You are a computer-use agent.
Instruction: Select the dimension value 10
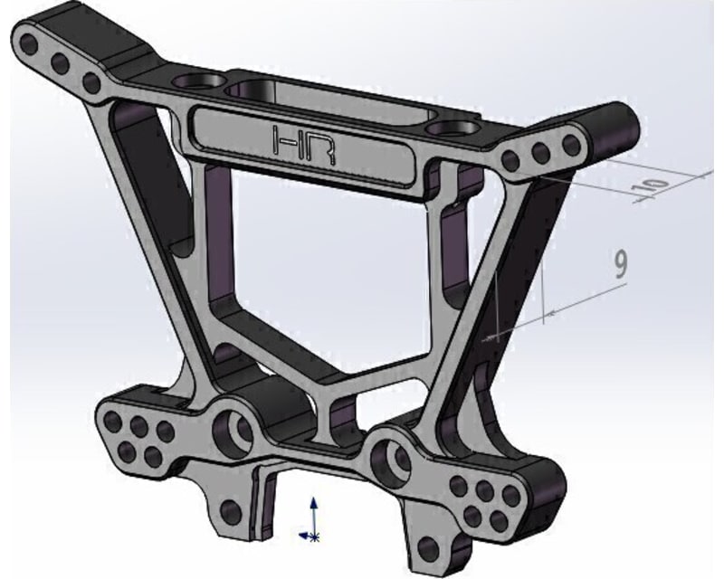click(x=659, y=184)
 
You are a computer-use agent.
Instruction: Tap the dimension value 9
click(x=620, y=263)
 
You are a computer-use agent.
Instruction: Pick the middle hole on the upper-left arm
click(x=62, y=63)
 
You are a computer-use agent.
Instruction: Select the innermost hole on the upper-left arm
click(x=90, y=83)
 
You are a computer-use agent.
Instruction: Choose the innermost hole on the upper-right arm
click(x=511, y=161)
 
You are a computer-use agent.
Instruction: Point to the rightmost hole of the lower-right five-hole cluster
click(x=512, y=500)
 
